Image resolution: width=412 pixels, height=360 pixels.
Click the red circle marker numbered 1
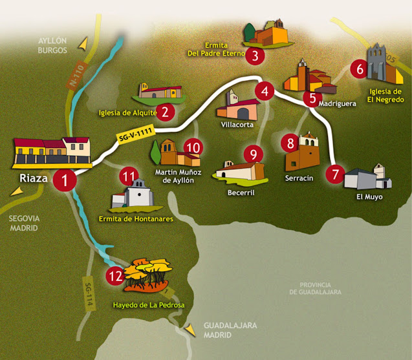click(x=64, y=180)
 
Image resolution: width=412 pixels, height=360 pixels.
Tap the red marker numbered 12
click(x=115, y=276)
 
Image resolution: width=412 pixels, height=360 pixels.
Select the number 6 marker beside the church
click(x=357, y=68)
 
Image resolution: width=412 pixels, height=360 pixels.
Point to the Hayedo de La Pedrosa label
click(x=148, y=304)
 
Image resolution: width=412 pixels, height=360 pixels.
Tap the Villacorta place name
click(x=237, y=124)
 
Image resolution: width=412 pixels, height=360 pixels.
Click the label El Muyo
click(x=369, y=196)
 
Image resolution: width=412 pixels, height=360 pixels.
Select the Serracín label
click(x=299, y=177)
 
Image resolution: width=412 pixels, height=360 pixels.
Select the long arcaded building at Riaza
click(x=52, y=153)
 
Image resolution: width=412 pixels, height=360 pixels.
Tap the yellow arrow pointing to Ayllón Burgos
click(x=82, y=44)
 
